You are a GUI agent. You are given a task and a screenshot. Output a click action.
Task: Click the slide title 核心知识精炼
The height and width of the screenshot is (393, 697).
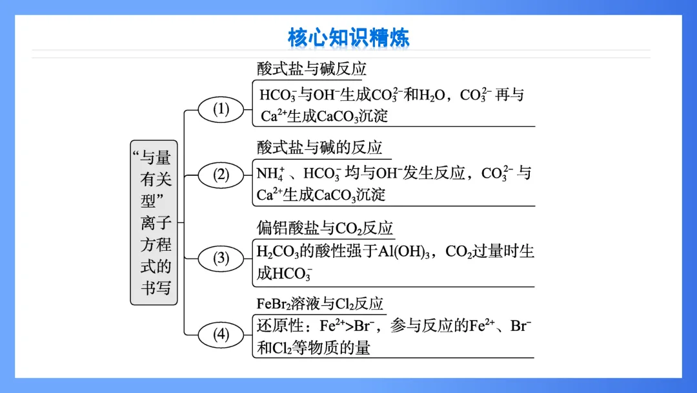click(x=348, y=37)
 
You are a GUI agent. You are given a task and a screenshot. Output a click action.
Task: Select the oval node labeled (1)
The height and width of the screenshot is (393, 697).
click(x=221, y=109)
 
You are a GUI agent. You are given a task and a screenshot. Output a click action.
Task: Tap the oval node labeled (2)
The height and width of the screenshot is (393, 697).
click(x=221, y=175)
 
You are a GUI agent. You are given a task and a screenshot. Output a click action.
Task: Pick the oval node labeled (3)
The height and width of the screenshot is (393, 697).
click(x=221, y=259)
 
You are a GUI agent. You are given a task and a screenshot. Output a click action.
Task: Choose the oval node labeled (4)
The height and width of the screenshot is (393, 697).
click(x=221, y=334)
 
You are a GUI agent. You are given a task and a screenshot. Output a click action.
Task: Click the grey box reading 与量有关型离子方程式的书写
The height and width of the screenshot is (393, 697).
click(x=154, y=222)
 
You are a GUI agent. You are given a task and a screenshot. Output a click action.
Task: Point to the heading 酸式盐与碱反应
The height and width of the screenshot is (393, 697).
click(x=312, y=69)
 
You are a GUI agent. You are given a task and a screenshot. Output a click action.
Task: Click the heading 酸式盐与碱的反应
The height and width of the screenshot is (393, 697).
click(x=319, y=147)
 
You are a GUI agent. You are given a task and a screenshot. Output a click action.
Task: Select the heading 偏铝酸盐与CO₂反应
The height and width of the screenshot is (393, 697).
click(x=325, y=228)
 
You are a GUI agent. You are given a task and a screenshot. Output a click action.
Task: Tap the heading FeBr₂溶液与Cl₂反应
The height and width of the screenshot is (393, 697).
click(x=320, y=303)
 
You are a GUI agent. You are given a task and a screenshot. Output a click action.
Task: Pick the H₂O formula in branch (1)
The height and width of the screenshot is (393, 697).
click(x=432, y=96)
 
